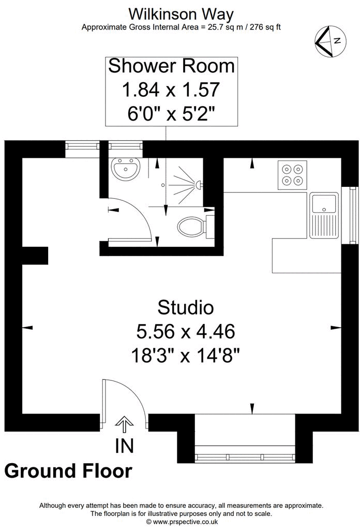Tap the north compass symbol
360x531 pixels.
coord(329,41)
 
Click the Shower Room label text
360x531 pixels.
coord(171,67)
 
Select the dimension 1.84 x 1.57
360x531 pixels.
coord(171,90)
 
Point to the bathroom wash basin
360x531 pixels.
coord(125,169)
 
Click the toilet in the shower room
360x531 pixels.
coord(192,226)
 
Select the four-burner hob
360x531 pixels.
coord(292,174)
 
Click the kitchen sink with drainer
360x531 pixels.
coord(324,215)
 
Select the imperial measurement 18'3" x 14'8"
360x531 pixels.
coord(186,355)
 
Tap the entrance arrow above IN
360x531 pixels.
coord(124,424)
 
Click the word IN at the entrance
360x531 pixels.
coord(124,446)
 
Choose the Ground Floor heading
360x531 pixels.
coord(68,471)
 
